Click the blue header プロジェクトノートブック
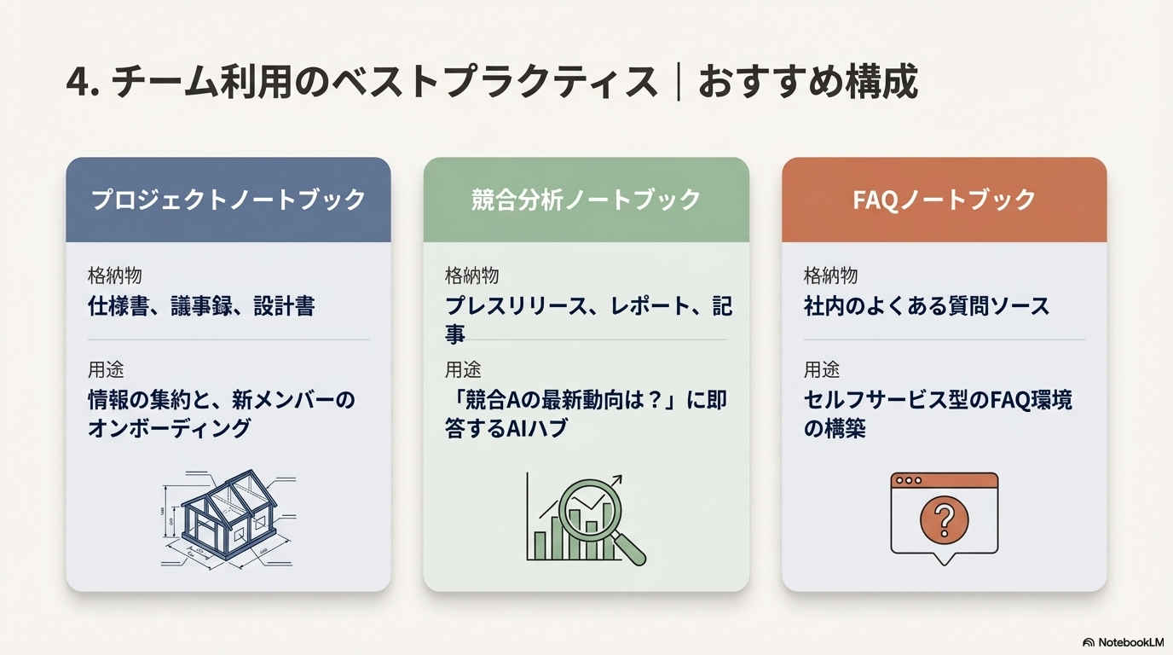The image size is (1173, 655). pos(228,200)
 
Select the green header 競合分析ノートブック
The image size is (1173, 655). pos(586,200)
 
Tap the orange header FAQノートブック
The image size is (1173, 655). pos(944,200)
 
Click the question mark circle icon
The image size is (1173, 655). pos(944,519)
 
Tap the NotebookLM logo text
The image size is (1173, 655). pos(1130,641)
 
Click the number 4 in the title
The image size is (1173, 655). pos(77,84)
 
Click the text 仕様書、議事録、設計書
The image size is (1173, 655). pos(201,306)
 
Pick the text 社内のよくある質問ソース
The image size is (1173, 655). pos(927,306)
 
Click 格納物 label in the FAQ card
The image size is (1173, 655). pos(830,275)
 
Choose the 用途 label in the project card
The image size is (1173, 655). pos(106,369)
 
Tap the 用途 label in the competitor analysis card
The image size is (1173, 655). pos(463,369)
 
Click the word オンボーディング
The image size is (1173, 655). pos(170,428)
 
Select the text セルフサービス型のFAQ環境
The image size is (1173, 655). pos(938,399)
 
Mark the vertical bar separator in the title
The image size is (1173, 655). pos(679,84)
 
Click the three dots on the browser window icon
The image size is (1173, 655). pos(908,480)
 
